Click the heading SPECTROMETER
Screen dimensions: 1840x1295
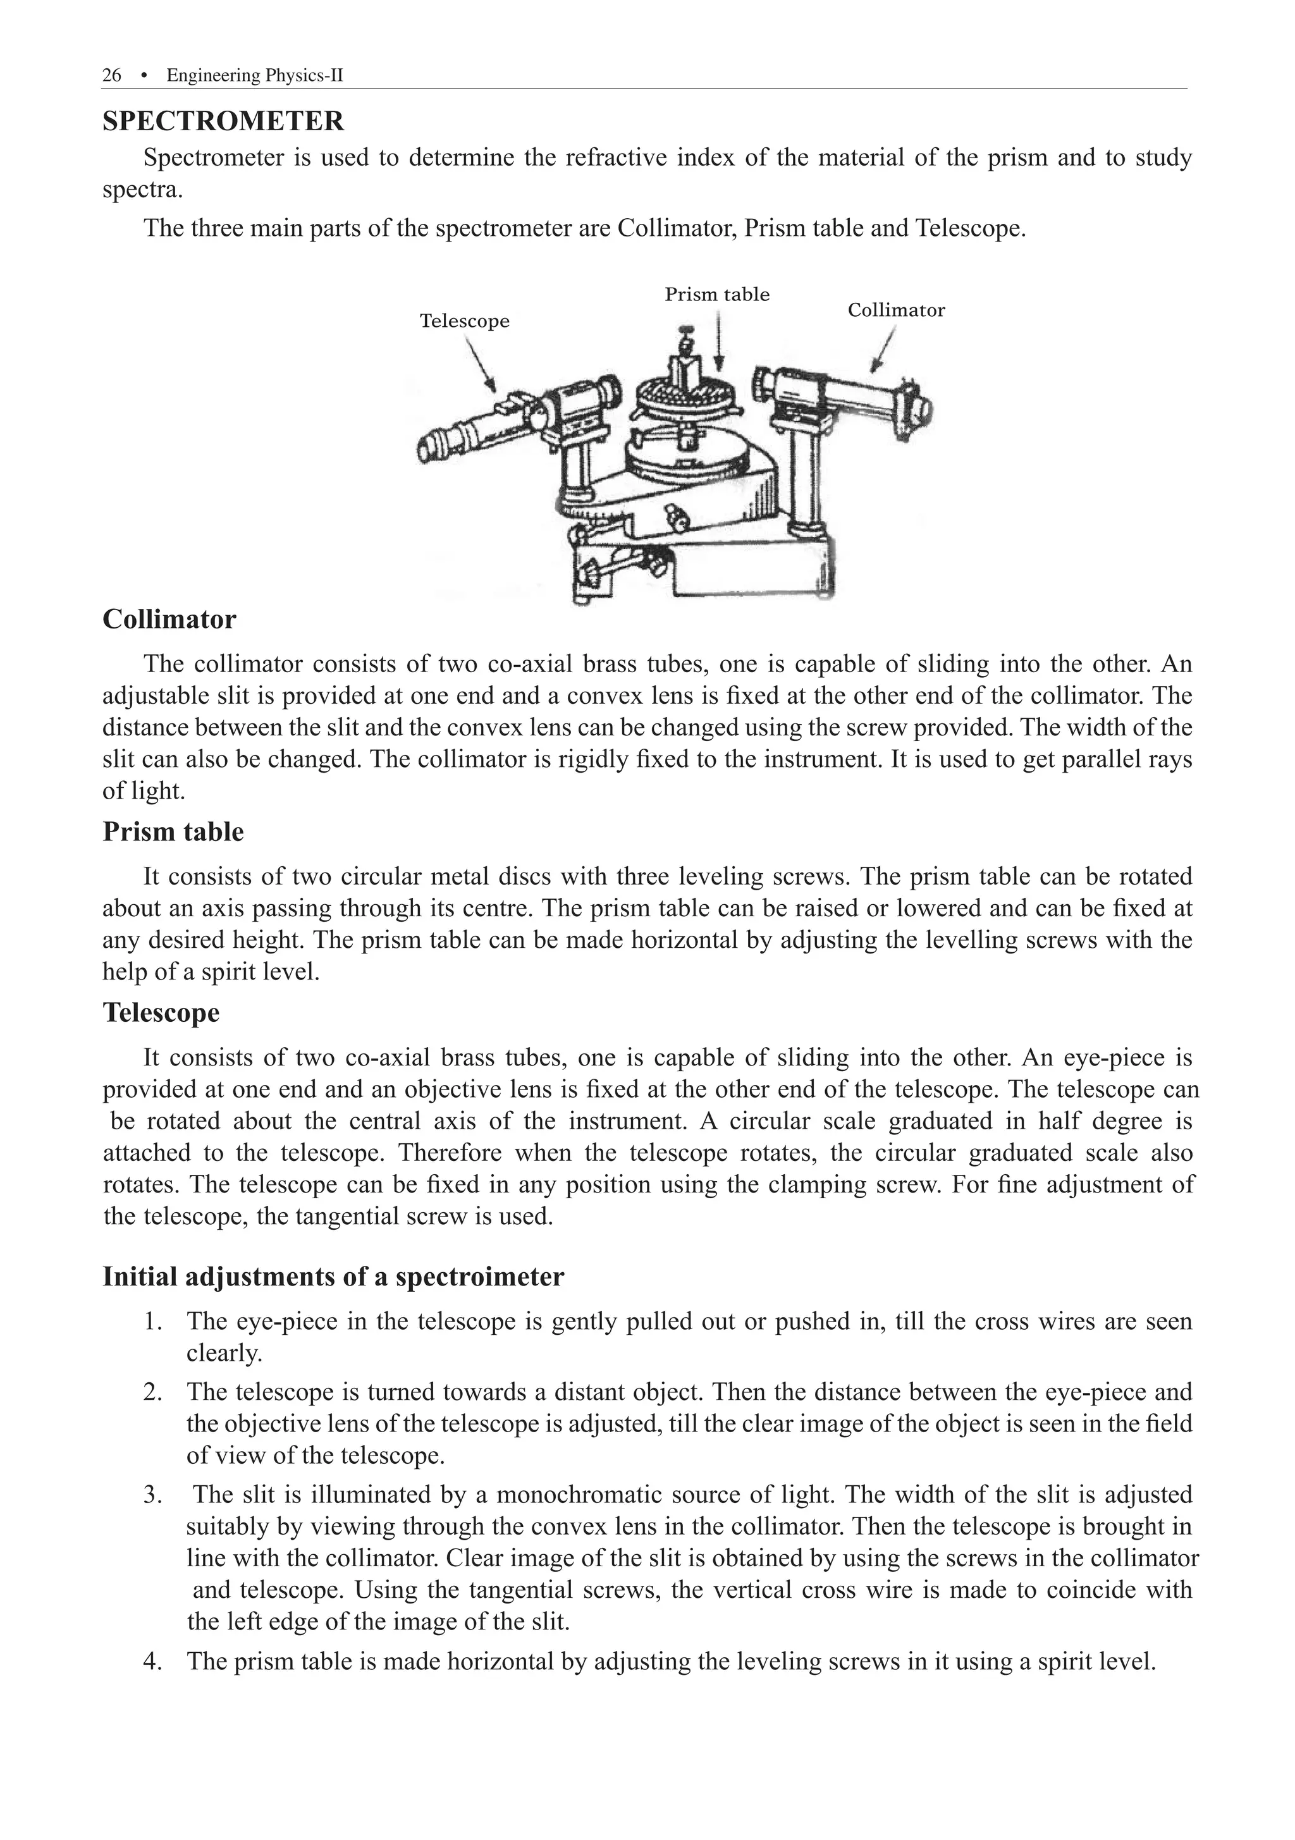tap(223, 121)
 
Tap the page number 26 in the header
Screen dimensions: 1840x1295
tap(112, 75)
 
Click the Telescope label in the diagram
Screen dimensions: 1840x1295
tap(464, 321)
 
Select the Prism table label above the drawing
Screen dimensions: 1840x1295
tap(716, 294)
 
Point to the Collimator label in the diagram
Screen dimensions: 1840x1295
tap(895, 310)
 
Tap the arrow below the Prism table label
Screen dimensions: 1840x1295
tap(719, 341)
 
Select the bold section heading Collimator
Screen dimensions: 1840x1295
tap(169, 620)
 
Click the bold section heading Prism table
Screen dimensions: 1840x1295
tap(173, 832)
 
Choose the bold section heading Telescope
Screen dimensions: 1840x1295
tap(161, 1013)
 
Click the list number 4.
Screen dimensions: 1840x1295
tap(152, 1661)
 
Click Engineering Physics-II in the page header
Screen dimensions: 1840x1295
tap(255, 75)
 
